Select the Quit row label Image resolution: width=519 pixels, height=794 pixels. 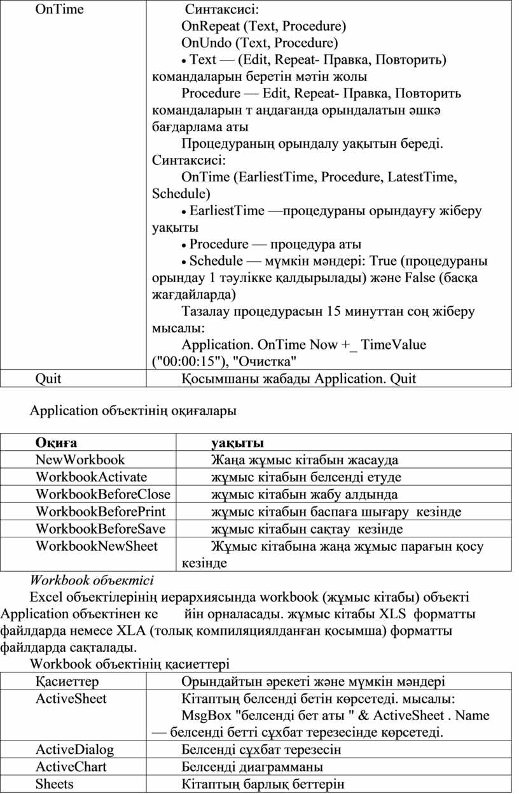pos(48,379)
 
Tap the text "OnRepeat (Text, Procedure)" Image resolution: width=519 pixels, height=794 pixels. pos(264,27)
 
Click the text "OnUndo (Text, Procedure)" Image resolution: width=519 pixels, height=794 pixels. pos(259,43)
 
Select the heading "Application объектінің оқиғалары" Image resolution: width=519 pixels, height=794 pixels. pos(134,411)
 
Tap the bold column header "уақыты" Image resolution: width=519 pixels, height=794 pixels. pos(238,443)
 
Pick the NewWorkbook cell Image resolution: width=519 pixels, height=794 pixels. pos(81,460)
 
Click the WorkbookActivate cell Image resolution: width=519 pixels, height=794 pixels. pos(92,477)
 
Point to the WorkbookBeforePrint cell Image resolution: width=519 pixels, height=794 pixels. pos(100,511)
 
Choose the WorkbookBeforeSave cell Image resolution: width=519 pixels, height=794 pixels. pos(100,529)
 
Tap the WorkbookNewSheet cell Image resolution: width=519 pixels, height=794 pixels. pos(97,546)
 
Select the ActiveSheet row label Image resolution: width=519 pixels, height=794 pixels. pos(71,698)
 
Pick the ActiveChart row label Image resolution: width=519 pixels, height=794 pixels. pos(71,767)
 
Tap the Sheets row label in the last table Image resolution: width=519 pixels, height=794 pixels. pos(55,784)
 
